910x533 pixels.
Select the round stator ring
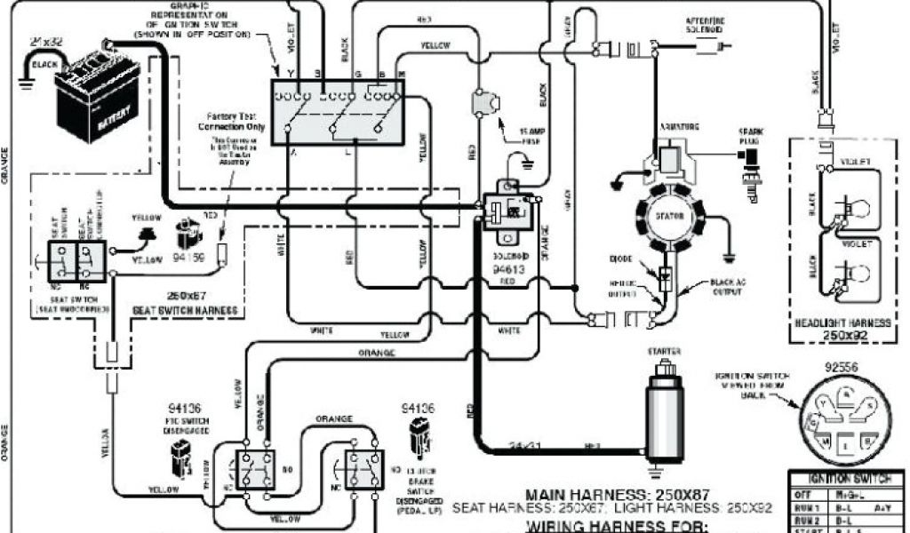coord(670,219)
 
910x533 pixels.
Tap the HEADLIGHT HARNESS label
coord(840,323)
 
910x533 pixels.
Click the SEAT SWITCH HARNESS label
coord(184,309)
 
